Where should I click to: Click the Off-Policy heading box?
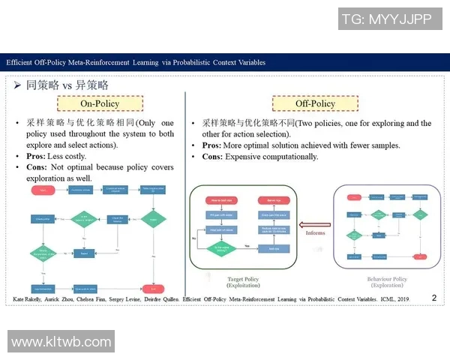coord(314,103)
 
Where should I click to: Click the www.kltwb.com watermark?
coord(61,341)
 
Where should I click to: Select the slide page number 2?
coord(433,298)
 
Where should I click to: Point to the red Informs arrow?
coord(315,223)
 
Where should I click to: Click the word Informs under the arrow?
coord(316,233)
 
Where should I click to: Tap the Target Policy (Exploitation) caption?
coord(242,283)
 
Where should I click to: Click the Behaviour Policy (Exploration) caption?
coord(387,283)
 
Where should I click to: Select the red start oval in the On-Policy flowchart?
coord(43,191)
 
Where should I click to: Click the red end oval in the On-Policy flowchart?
coord(155,288)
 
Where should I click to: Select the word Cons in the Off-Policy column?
coord(213,157)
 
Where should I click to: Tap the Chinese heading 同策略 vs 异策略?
coord(67,85)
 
